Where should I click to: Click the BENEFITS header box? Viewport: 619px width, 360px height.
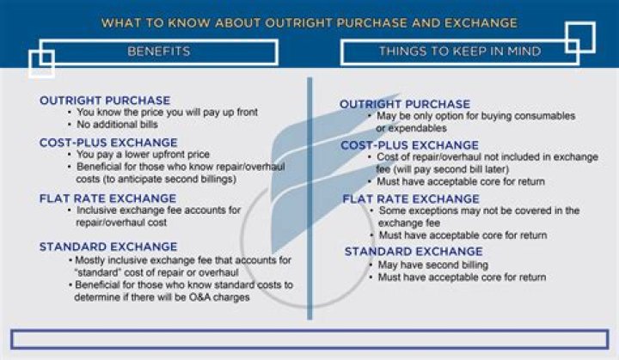coord(158,52)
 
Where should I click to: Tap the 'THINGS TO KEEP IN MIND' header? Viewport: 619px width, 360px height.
coord(459,52)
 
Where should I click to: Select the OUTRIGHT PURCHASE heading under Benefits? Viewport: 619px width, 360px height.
coord(105,101)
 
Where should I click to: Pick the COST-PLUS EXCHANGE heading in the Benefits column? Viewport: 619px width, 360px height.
coord(108,142)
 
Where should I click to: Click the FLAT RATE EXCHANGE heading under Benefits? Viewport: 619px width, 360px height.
coord(107,198)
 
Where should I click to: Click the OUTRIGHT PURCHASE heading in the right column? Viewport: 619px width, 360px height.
coord(405,104)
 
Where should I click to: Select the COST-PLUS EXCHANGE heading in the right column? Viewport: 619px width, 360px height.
coord(409,145)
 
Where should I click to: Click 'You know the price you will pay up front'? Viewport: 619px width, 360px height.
coord(167,113)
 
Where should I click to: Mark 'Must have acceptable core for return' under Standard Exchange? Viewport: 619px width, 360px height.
coord(462,278)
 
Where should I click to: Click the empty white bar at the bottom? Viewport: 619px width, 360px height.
coord(309,338)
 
